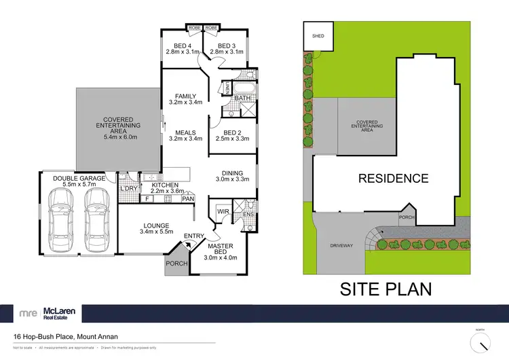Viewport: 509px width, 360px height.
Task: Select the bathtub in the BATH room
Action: (243, 88)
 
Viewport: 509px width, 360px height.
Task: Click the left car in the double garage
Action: (61, 213)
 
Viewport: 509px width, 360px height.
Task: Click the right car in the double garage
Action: (96, 213)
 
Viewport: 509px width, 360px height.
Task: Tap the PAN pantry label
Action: (187, 199)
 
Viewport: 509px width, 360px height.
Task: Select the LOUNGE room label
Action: (156, 226)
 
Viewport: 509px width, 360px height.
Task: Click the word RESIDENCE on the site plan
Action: (394, 179)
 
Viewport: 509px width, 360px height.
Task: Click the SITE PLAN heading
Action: (385, 288)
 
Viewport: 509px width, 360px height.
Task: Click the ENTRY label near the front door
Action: (194, 236)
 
